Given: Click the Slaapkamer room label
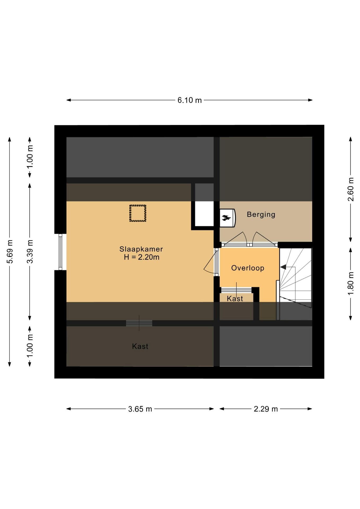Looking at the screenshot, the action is (141, 249).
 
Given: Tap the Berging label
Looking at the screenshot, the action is (261, 214).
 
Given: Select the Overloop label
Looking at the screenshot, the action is (248, 268).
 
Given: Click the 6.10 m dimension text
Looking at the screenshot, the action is (190, 100).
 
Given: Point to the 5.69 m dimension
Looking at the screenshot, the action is (10, 252).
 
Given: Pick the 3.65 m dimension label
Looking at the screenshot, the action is (140, 409).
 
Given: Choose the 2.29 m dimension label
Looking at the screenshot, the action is (266, 409).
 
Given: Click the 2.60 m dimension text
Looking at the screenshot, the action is (351, 189).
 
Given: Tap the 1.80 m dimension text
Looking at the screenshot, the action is (351, 283).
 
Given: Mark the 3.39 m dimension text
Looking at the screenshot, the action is (30, 252).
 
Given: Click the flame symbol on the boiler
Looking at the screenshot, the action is (226, 218).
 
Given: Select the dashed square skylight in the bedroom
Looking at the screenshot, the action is (138, 213).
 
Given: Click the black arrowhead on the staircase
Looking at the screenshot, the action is (283, 267).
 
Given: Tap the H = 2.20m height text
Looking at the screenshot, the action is (142, 257).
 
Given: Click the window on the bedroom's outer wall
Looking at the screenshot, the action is (60, 252).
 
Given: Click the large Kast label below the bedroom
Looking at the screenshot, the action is (140, 346).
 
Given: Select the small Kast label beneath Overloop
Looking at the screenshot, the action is (235, 299).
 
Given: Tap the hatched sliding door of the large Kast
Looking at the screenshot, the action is (139, 323).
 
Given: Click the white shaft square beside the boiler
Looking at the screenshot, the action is (204, 214).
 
